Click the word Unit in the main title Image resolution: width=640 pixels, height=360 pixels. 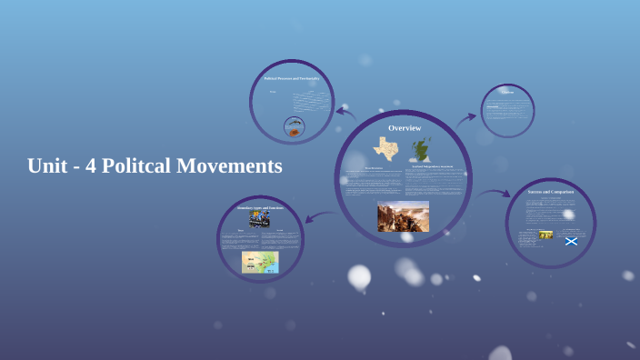pos(47,166)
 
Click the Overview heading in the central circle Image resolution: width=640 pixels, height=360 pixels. pos(405,128)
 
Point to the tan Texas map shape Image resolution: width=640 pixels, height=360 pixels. pos(385,149)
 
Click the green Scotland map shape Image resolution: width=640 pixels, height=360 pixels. pos(420,150)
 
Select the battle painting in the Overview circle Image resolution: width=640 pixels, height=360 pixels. pos(403,216)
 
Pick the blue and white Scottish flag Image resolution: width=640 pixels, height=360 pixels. pos(571,241)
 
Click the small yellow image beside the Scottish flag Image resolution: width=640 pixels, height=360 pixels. pos(546,235)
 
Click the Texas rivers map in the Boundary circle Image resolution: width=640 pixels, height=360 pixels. pos(260,262)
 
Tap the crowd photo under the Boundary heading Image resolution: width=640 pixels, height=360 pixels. pos(260,220)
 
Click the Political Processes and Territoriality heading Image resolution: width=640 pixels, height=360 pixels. pos(292,78)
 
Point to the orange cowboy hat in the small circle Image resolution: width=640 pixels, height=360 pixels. pos(294,130)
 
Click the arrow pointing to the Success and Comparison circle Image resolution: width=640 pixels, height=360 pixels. pos(494,193)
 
